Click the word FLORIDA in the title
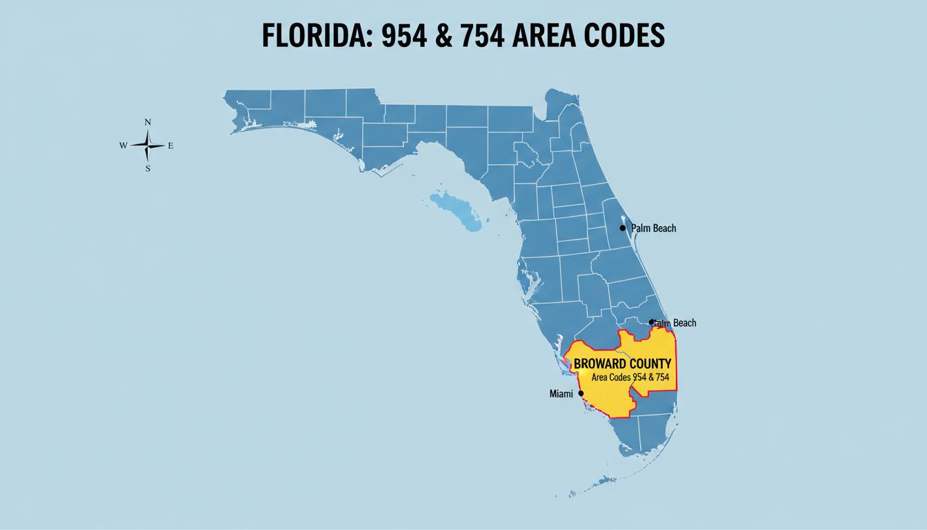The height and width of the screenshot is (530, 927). [308, 36]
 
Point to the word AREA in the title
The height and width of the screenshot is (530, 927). [539, 36]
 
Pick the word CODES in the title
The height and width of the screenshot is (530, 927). [622, 36]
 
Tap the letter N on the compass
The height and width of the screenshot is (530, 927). [148, 122]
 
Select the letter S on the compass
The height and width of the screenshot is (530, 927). [148, 168]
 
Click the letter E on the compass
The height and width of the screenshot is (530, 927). [170, 146]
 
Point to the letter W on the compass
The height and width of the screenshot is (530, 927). [123, 146]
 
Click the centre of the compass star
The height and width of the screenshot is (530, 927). [148, 146]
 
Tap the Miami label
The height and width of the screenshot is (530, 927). [561, 393]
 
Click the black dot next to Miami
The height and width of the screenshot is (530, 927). [581, 393]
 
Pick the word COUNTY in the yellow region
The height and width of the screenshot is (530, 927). [650, 363]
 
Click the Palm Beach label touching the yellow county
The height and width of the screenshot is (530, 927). [675, 323]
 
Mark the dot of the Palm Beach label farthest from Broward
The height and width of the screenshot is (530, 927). [622, 228]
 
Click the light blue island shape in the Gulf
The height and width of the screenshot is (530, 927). [455, 210]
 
